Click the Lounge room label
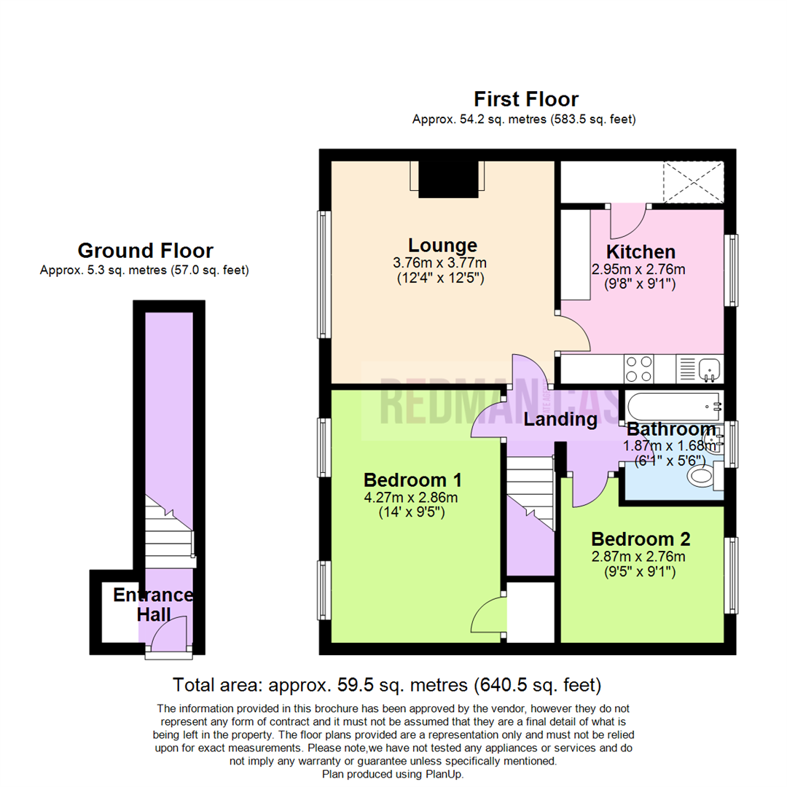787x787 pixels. [x=442, y=246]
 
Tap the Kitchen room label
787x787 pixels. [x=641, y=252]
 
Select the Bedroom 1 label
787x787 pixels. [x=412, y=480]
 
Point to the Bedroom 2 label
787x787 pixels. [x=641, y=539]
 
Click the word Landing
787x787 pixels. [x=560, y=420]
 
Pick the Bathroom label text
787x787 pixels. [x=671, y=429]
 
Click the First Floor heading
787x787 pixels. [x=525, y=99]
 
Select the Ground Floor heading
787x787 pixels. [x=145, y=251]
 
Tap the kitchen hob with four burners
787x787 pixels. [x=639, y=369]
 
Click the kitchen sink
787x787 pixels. [x=708, y=369]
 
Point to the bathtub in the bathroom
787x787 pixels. [x=670, y=404]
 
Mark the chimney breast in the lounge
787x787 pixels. [x=447, y=178]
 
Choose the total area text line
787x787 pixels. [x=386, y=685]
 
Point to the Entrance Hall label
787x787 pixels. [x=153, y=604]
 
